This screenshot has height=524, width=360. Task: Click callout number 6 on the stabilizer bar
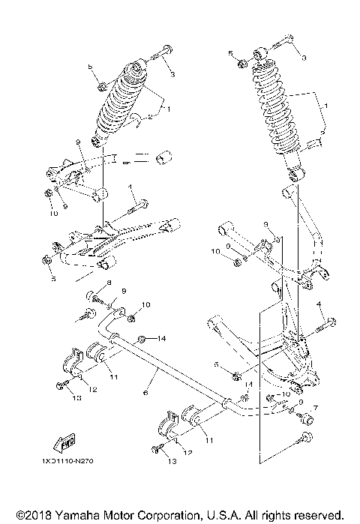pos(145,392)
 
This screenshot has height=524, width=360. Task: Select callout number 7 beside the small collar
pos(316,408)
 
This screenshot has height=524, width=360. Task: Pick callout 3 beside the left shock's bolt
pos(172,75)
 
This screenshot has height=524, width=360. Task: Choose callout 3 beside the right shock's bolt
pos(304,57)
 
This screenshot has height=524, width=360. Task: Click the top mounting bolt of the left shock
pos(158,54)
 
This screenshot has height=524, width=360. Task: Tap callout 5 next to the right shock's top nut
pos(232,53)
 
